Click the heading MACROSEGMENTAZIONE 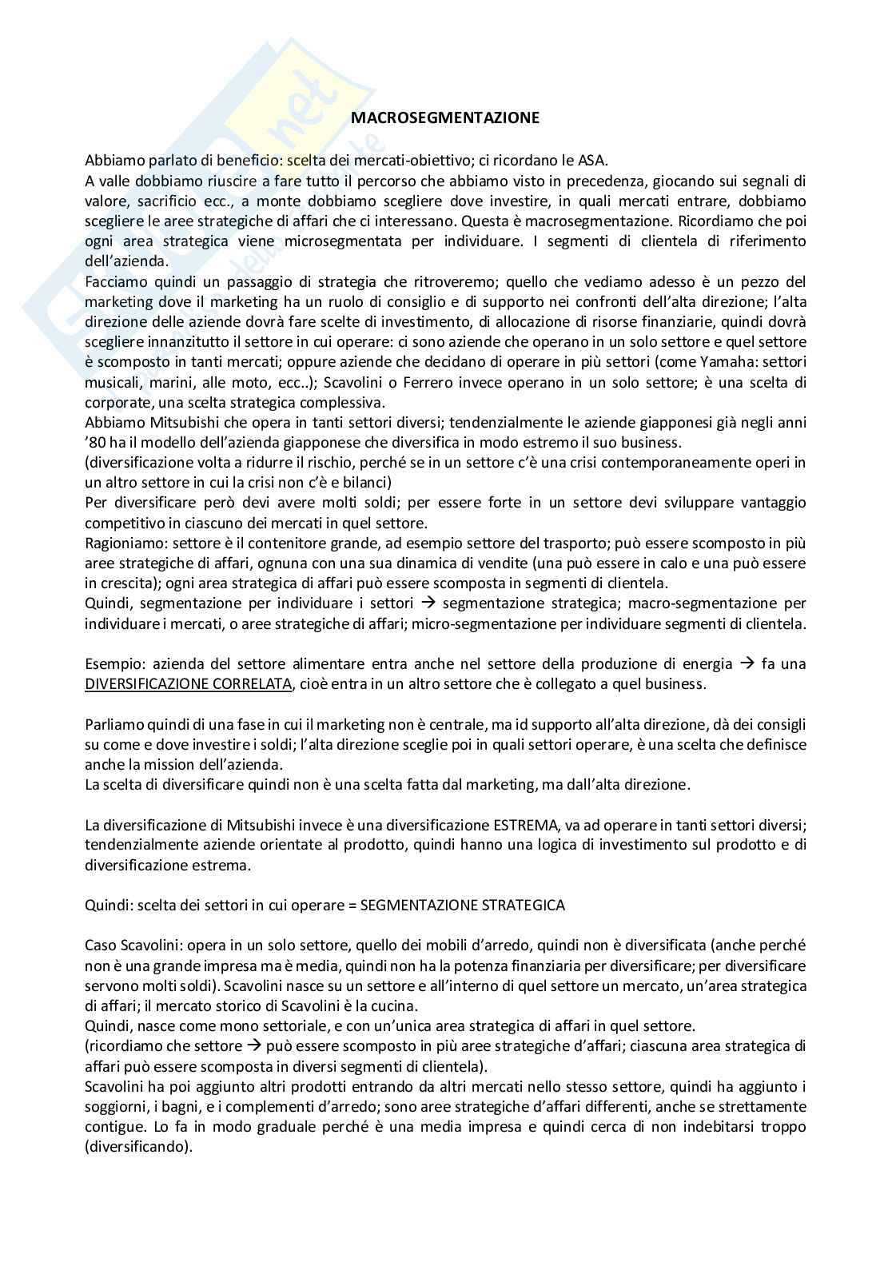tap(446, 118)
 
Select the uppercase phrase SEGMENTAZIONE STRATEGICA tap(463, 905)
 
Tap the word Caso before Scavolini tap(100, 945)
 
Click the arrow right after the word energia tap(747, 663)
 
